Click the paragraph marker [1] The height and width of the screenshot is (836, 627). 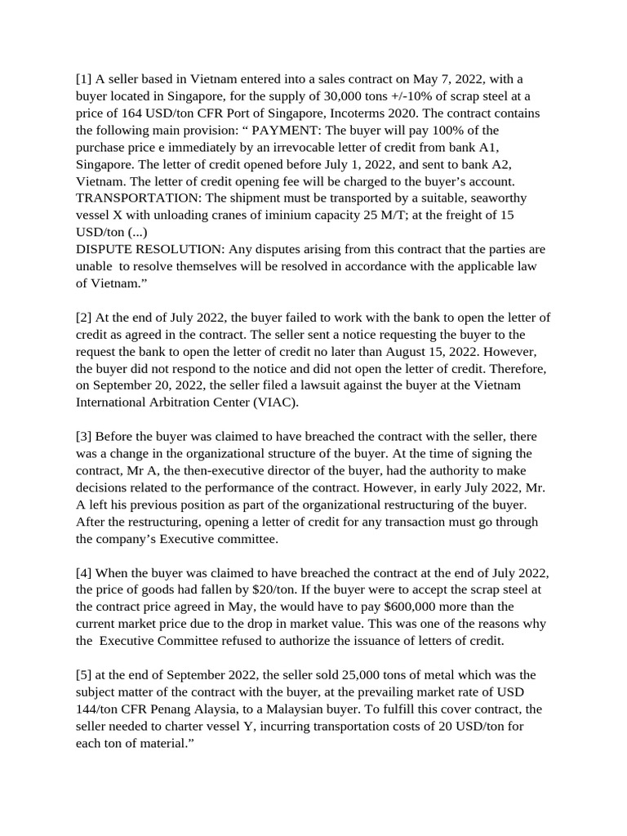click(x=83, y=79)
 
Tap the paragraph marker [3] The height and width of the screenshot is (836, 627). click(x=83, y=437)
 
